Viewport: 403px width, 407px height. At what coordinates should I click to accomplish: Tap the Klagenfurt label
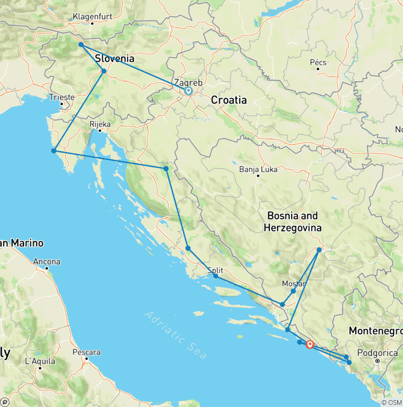tap(92, 16)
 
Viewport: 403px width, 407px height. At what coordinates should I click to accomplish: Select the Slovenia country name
tap(114, 59)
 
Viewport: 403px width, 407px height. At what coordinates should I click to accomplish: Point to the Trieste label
tap(62, 97)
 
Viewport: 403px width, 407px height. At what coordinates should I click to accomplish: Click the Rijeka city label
tap(100, 124)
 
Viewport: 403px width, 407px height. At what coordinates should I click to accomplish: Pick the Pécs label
tap(318, 62)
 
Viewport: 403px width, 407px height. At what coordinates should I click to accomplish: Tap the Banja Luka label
tap(258, 169)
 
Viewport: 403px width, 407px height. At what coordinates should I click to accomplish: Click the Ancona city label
tap(47, 261)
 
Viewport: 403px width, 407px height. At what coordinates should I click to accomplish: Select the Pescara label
tap(87, 352)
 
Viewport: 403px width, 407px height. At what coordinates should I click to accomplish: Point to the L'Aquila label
tap(40, 361)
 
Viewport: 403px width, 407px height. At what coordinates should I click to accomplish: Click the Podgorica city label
tap(377, 353)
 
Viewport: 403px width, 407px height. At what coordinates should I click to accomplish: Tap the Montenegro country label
tap(376, 331)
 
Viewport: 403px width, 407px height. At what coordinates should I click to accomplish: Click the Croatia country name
tap(228, 100)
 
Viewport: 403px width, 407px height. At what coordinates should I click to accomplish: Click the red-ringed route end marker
tap(310, 345)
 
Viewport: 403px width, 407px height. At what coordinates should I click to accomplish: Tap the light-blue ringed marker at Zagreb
tap(188, 91)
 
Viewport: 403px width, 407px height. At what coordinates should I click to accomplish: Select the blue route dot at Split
tap(215, 276)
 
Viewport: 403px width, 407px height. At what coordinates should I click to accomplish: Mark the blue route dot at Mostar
tap(293, 291)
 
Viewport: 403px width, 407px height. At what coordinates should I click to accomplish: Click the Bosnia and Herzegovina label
tap(293, 222)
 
